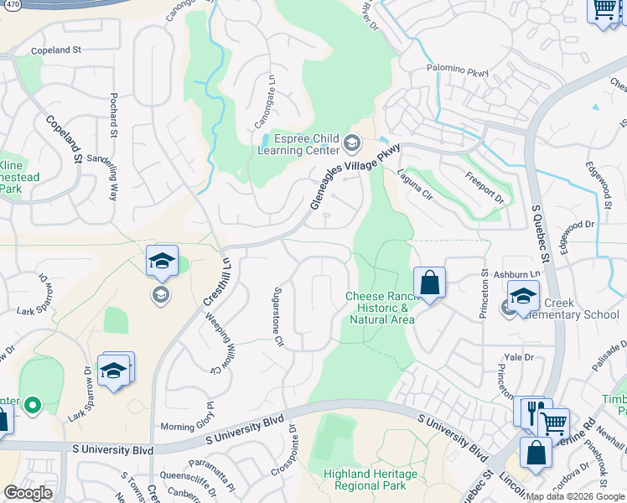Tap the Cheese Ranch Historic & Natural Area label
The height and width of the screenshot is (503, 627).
click(381, 308)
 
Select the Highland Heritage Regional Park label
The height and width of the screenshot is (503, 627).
click(370, 480)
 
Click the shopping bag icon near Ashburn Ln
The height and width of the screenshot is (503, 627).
click(429, 283)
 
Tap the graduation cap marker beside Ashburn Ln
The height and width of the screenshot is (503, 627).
click(523, 296)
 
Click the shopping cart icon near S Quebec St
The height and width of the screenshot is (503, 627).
click(553, 424)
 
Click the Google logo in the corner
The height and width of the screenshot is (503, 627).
click(27, 493)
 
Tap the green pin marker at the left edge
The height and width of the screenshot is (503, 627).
click(33, 406)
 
